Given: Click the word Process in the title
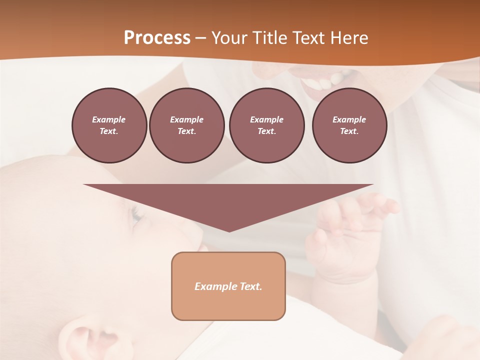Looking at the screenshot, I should (x=157, y=38).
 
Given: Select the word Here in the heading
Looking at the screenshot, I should (x=348, y=38).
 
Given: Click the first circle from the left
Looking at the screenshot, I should (x=109, y=125).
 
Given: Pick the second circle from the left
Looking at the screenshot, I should (x=186, y=125).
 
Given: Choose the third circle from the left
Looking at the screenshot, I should (x=266, y=125).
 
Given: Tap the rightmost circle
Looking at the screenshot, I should (x=349, y=125).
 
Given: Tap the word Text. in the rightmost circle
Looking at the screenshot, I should (x=349, y=131).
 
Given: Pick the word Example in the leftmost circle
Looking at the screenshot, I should (x=109, y=119).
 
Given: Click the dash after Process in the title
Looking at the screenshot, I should (x=201, y=38).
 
